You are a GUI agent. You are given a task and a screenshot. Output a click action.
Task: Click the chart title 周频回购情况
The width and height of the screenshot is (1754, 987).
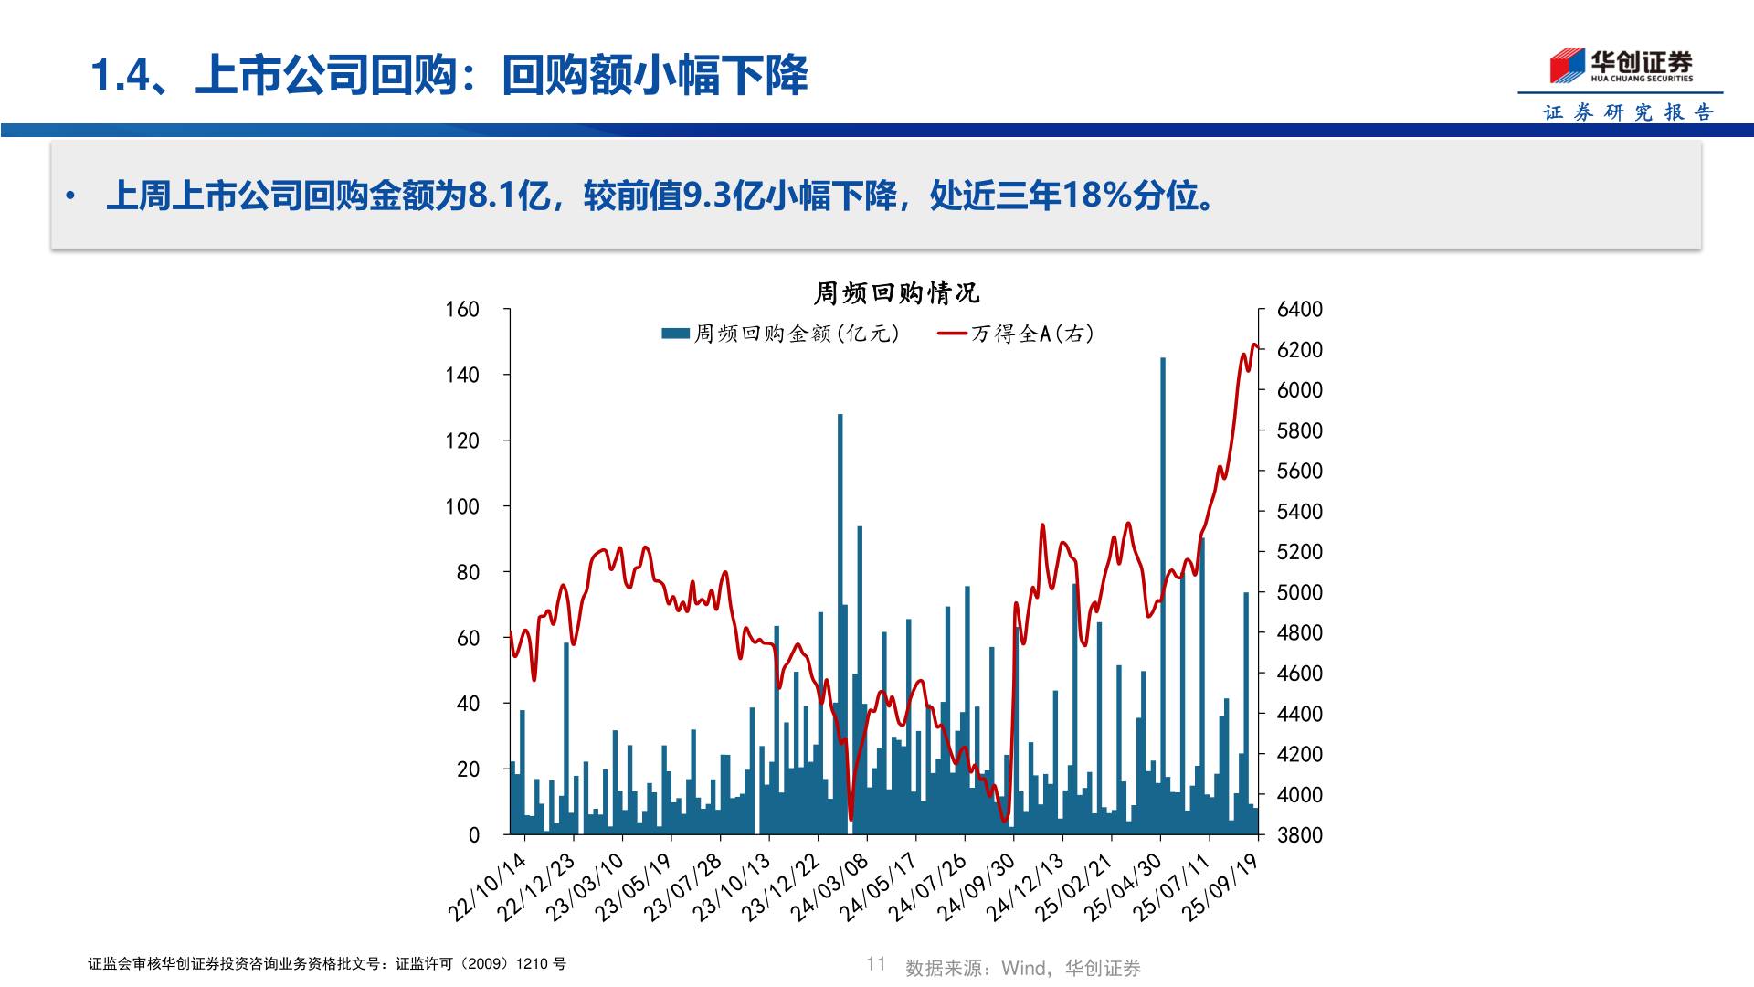point(896,293)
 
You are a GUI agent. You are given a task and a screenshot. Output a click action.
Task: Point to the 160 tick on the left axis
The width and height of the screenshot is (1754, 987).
point(462,310)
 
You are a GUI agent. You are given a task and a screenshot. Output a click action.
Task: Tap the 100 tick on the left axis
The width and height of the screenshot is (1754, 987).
point(462,506)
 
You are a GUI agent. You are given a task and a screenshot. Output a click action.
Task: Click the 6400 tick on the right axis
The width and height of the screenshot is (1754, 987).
point(1299,310)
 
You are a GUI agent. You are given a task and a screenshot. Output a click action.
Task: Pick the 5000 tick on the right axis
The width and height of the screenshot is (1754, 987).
point(1299,592)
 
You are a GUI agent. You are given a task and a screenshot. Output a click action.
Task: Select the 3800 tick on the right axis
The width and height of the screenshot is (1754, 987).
point(1299,834)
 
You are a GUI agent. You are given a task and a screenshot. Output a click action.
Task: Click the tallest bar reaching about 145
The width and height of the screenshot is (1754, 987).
point(1163,594)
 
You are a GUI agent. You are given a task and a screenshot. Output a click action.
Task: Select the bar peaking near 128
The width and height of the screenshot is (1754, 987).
point(840,621)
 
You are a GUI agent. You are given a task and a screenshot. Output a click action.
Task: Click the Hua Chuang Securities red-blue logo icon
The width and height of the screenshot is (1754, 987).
point(1567,66)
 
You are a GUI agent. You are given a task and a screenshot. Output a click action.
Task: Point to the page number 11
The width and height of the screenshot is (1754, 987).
point(876,964)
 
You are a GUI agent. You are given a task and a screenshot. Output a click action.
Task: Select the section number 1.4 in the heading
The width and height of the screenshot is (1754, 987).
point(120,75)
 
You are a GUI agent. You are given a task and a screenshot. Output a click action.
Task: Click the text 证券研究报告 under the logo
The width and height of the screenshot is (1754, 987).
point(1628,112)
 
